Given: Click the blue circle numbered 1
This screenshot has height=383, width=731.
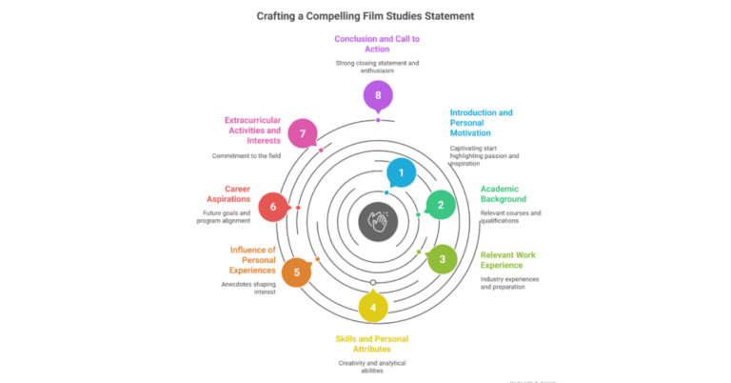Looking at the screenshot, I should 402,172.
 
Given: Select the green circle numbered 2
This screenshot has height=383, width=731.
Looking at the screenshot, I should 440,204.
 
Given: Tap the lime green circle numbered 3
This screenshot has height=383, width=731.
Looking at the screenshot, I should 442,258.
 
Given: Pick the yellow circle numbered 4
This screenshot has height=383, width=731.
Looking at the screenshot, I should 373,307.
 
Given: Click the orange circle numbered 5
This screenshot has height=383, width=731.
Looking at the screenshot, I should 296,272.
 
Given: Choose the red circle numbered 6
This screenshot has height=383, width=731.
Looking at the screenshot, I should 273,207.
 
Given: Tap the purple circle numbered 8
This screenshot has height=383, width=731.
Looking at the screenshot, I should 378,95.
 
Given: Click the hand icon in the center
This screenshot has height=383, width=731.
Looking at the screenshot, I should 378,221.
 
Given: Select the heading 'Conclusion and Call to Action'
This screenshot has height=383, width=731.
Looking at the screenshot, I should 377,45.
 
